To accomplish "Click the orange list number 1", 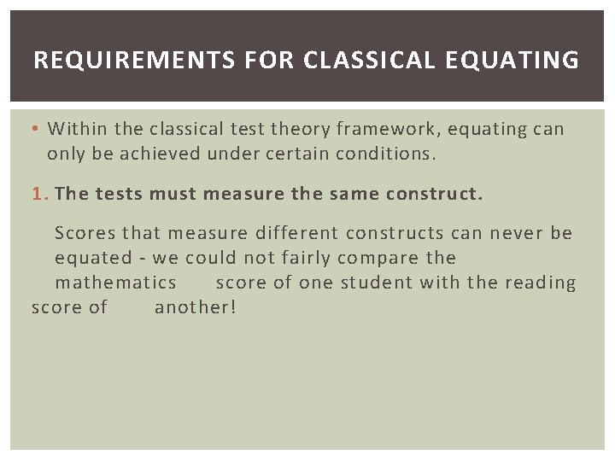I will point(38,194).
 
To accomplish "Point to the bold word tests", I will point(119,194).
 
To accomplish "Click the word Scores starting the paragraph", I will point(85,233).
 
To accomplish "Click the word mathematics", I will point(116,283).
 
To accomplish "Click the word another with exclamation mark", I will point(195,307).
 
